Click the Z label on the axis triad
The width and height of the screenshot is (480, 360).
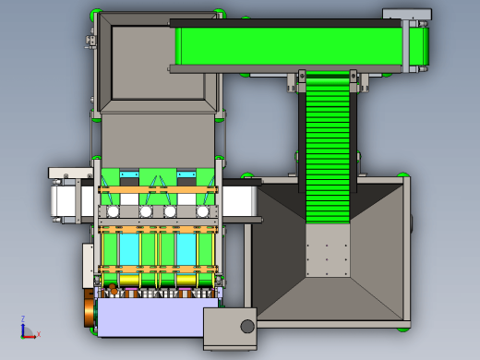tap(23, 318)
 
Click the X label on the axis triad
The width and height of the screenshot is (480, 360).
tap(39, 334)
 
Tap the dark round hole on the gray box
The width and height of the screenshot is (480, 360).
tap(247, 326)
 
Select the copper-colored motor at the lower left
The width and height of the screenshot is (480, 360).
tap(90, 309)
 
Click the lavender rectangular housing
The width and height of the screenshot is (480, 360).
tap(150, 317)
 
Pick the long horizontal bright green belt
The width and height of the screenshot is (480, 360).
tap(291, 46)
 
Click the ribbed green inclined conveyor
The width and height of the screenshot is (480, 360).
tap(328, 148)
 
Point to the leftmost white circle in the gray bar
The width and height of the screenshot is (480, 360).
tap(113, 211)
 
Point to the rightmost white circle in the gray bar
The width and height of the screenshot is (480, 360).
tap(202, 211)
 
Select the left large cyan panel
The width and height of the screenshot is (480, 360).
tap(129, 249)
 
